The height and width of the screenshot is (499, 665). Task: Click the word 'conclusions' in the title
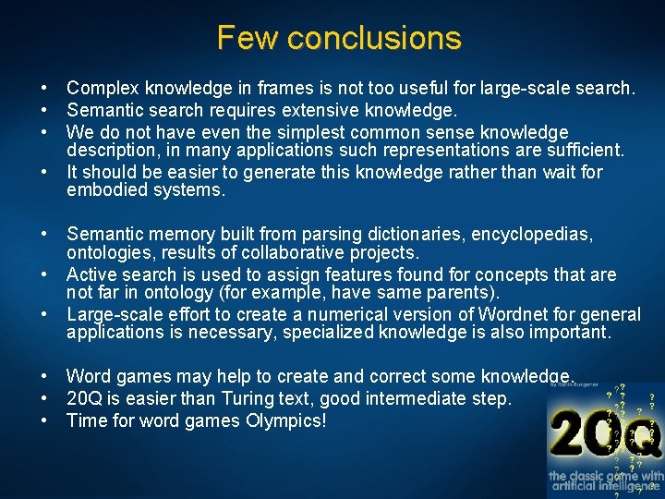[374, 38]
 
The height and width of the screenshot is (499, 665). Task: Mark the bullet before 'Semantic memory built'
[44, 235]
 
